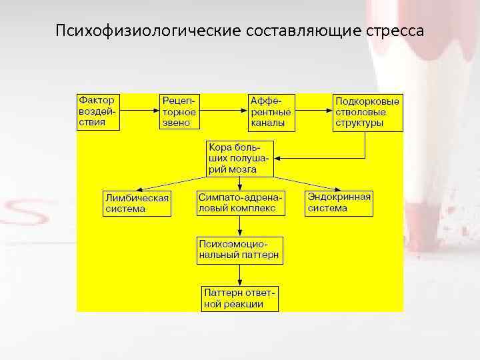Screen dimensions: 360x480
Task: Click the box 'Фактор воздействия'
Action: tap(98, 111)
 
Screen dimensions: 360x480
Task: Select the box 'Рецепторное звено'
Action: tap(179, 111)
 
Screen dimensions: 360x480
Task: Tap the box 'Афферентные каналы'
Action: tap(271, 111)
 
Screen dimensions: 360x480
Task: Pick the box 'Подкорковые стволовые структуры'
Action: tap(368, 112)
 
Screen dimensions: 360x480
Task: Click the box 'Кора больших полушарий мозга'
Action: tap(239, 158)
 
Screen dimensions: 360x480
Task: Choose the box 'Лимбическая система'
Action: tap(137, 203)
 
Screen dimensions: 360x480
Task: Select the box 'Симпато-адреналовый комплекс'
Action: tap(241, 203)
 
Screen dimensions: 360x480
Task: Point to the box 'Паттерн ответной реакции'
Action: tap(240, 298)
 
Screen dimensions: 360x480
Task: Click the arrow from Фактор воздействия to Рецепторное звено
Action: tap(139, 111)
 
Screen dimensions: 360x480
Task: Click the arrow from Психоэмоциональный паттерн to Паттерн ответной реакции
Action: tap(240, 275)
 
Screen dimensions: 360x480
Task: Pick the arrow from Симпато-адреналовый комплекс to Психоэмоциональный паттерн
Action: tap(240, 225)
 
